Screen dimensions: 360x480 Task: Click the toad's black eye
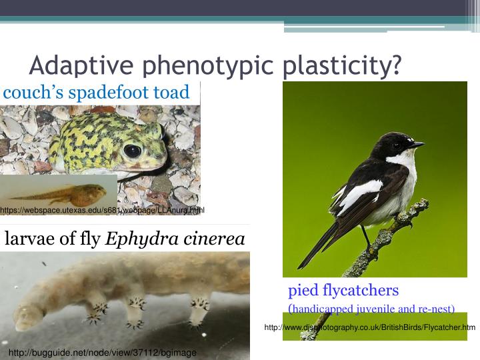coord(132,150)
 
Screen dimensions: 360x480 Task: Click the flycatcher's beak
coord(417,143)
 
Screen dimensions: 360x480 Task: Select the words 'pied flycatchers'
coord(343,290)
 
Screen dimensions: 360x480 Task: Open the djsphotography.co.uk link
coord(370,327)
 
